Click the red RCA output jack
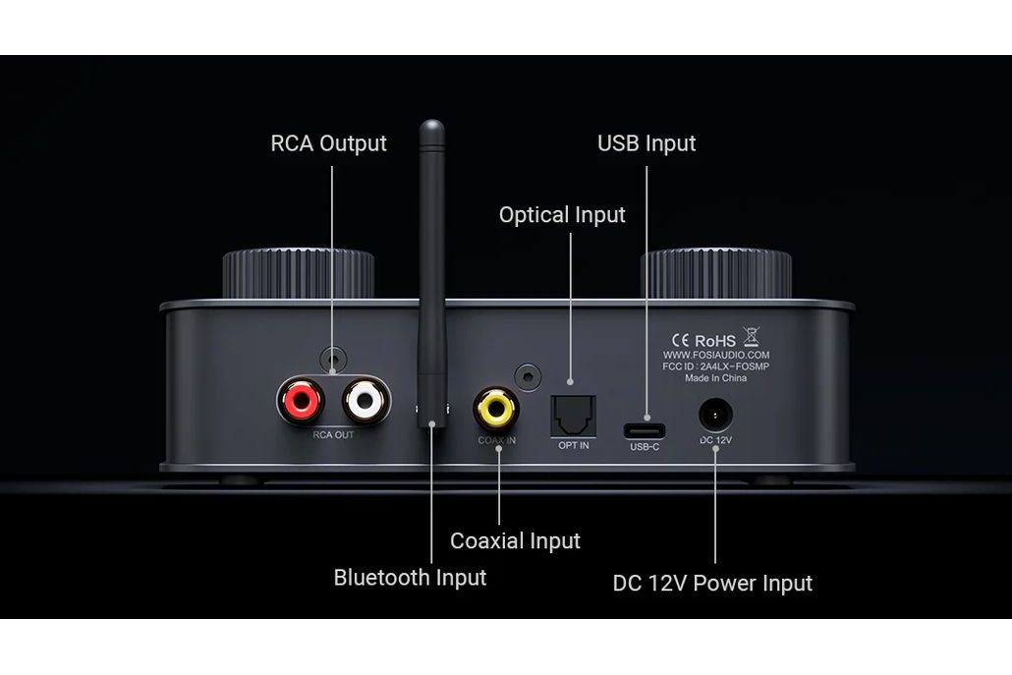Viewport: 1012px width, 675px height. coord(301,400)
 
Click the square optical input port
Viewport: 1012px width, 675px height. coord(573,415)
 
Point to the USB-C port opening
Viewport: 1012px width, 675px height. coord(645,430)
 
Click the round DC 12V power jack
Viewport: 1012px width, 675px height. coord(715,415)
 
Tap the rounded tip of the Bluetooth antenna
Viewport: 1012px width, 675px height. coord(431,128)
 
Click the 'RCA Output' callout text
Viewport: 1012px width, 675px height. coord(328,143)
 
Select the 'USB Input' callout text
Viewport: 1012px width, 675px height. coord(647,143)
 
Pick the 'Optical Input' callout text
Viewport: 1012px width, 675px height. coord(562,214)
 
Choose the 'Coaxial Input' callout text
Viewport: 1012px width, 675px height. coord(515,540)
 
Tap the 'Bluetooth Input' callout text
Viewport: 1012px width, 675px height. coord(410,577)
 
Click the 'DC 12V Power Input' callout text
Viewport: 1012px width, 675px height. coord(712,583)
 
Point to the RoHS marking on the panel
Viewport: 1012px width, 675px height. coord(714,340)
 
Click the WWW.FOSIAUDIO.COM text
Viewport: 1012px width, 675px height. coord(716,355)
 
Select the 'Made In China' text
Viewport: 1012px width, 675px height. coord(716,378)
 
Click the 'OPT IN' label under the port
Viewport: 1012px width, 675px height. coord(573,445)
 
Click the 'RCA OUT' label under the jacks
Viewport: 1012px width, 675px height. coord(333,434)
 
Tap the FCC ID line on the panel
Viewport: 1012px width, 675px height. coord(716,366)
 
